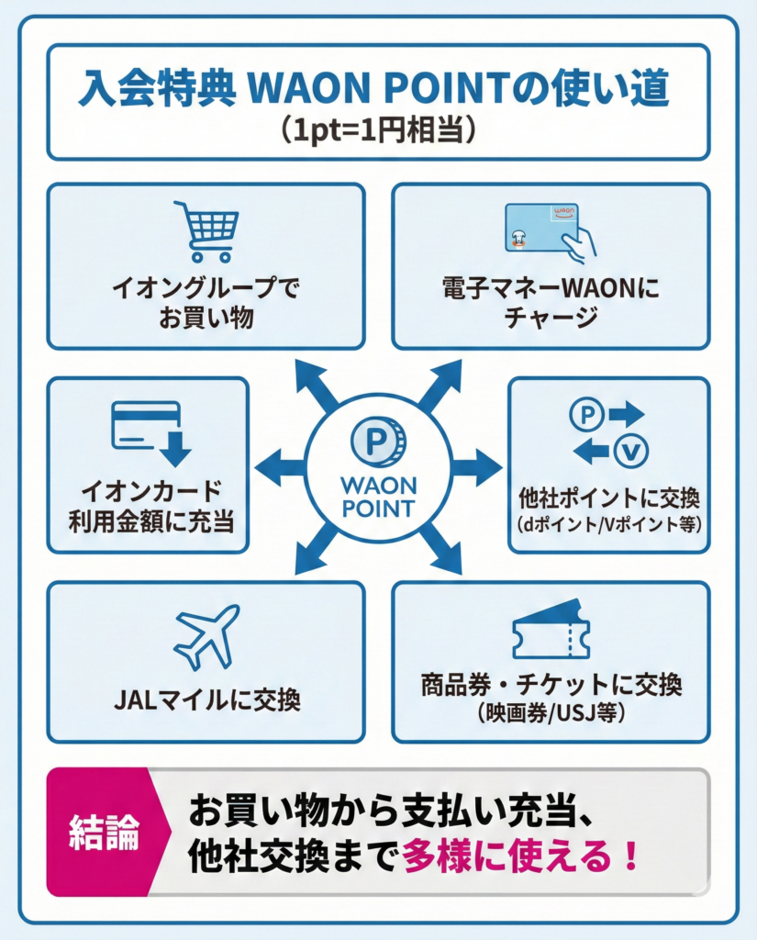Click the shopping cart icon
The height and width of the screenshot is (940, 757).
206,231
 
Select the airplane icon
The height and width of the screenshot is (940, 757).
206,635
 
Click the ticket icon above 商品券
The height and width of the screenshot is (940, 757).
550,630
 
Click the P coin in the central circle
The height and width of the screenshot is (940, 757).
378,442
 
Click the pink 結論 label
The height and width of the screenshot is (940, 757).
104,831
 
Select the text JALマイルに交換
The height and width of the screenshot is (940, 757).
206,700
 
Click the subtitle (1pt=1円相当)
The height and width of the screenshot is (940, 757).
378,127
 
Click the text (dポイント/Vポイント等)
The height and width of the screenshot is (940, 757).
609,525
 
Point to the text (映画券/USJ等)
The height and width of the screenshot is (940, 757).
551,712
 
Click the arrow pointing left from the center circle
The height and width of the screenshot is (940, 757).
279,468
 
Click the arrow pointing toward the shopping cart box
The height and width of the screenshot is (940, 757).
316,384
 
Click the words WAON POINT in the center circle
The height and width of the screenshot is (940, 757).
378,496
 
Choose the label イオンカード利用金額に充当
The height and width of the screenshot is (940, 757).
149,504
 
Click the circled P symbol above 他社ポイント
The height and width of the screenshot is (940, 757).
586,414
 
